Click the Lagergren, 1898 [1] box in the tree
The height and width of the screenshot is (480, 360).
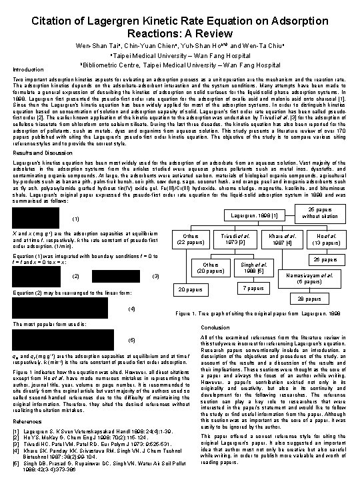254,216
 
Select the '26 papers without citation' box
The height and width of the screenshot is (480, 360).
321,212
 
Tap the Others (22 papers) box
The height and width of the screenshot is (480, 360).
192,240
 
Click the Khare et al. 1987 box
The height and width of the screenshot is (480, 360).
280,240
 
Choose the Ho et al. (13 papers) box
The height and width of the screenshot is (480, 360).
325,240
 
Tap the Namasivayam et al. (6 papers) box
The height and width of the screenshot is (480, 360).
311,278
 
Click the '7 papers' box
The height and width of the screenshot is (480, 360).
250,288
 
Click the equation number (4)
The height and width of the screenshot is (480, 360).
131,309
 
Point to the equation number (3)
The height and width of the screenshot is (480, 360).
155,276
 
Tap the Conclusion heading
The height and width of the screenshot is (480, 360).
217,327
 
